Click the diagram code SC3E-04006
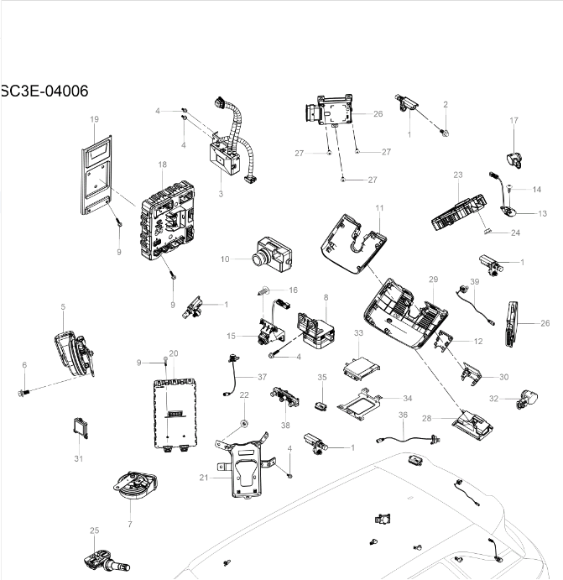point(44,91)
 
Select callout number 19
point(94,120)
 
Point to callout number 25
point(94,530)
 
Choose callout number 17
point(513,122)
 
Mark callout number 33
point(358,333)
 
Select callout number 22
point(244,395)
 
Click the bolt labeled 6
point(23,391)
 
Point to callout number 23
point(458,175)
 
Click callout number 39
point(474,282)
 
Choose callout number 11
point(379,207)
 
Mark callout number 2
point(446,104)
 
